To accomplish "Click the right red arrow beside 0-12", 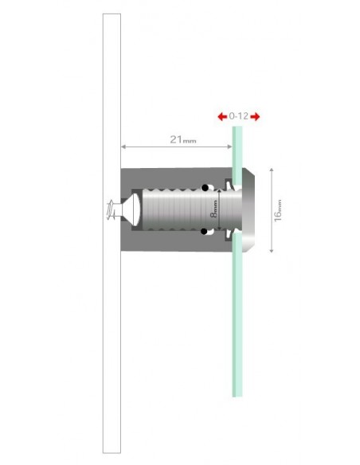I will point(255,116).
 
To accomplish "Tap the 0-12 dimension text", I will point(238,116).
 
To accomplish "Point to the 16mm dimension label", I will point(278,211).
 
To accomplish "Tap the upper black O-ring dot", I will point(205,189).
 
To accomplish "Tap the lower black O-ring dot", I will point(205,232).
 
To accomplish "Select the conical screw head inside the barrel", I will point(133,211).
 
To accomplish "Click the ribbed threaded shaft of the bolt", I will point(175,211).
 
